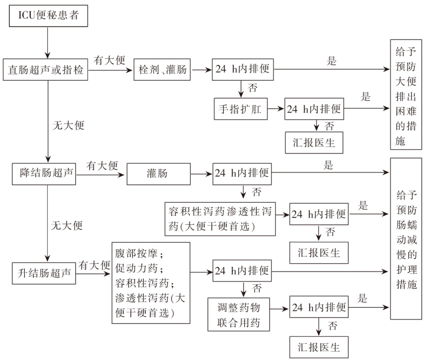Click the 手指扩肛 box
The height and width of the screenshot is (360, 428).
coord(241,109)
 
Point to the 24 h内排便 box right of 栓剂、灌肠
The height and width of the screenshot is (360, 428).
coord(242,70)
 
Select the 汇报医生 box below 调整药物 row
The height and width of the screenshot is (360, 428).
coord(319,347)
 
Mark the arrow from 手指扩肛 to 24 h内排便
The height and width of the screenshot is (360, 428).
coord(276,109)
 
